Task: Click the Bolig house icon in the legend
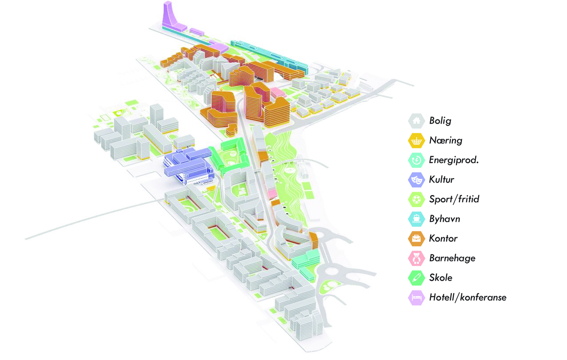pyautogui.click(x=416, y=121)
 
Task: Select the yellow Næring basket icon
pyautogui.click(x=416, y=141)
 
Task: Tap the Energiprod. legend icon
pyautogui.click(x=416, y=160)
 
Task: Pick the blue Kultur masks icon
pyautogui.click(x=416, y=180)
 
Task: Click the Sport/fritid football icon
pyautogui.click(x=416, y=199)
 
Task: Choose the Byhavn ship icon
pyautogui.click(x=416, y=219)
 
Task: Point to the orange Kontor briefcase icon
pyautogui.click(x=416, y=239)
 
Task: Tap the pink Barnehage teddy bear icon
pyautogui.click(x=416, y=258)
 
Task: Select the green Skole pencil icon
pyautogui.click(x=416, y=278)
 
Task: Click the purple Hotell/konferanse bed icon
pyautogui.click(x=416, y=298)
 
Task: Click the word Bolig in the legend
pyautogui.click(x=440, y=121)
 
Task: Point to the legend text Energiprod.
pyautogui.click(x=454, y=160)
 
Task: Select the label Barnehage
pyautogui.click(x=452, y=258)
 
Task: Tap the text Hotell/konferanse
pyautogui.click(x=468, y=298)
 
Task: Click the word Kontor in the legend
pyautogui.click(x=443, y=239)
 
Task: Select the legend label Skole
pyautogui.click(x=441, y=278)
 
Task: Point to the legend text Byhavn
pyautogui.click(x=445, y=219)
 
